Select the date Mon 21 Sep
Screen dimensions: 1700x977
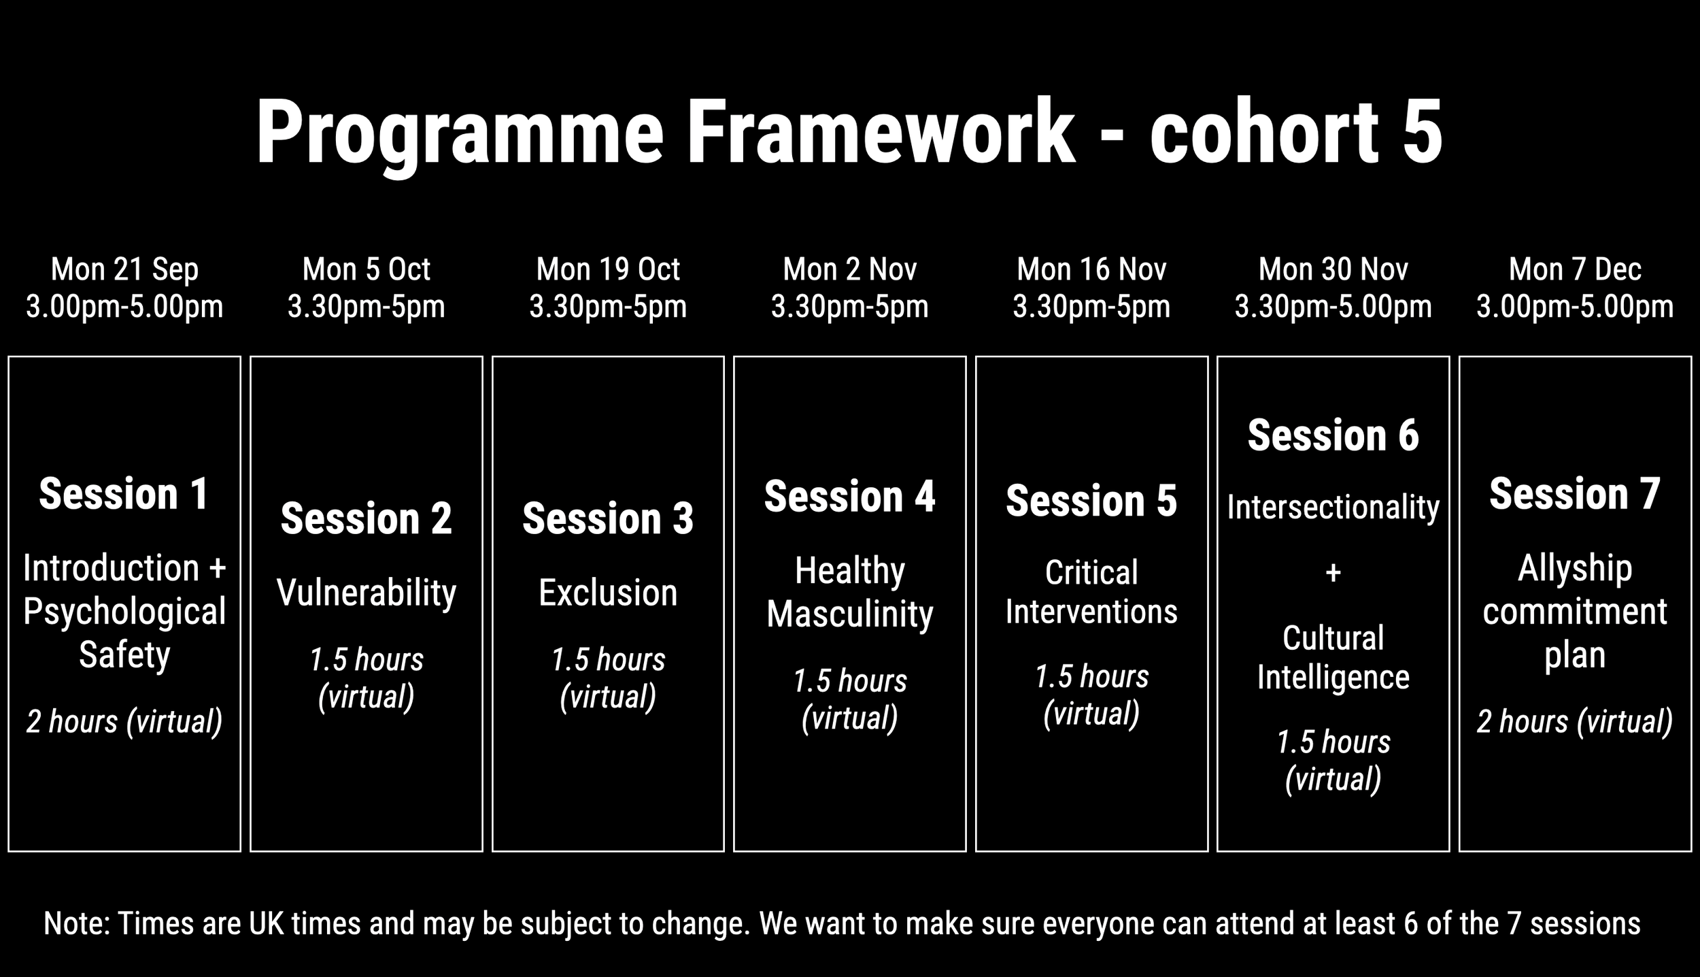tap(124, 270)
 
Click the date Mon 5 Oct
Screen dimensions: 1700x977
tap(367, 269)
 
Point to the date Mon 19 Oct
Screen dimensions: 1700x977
tap(608, 269)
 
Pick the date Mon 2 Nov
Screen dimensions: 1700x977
tap(850, 269)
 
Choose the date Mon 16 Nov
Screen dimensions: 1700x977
tap(1091, 269)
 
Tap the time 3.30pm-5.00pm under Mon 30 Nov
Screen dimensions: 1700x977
tap(1333, 307)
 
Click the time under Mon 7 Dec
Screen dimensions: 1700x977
tap(1575, 307)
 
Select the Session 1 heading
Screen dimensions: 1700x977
tap(124, 493)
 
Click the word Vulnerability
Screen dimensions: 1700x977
tap(367, 593)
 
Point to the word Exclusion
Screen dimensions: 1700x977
tap(608, 593)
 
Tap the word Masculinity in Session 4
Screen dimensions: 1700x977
tap(850, 614)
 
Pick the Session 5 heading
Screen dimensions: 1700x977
tap(1091, 501)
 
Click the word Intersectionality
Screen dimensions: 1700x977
tap(1333, 508)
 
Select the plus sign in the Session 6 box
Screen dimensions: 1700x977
tap(1333, 573)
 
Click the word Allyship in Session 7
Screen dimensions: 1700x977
tap(1575, 569)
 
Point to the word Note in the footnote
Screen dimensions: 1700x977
tap(77, 923)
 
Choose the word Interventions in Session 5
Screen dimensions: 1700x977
tap(1091, 611)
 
